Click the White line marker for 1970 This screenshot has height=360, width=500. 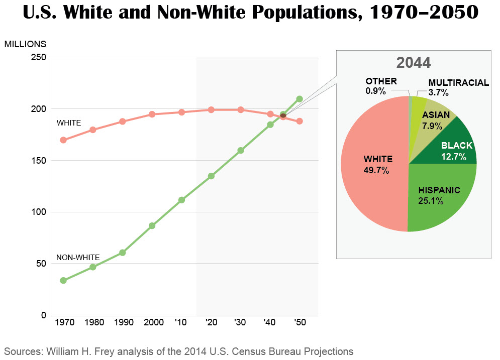(63, 140)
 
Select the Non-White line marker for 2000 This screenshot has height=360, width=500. (152, 226)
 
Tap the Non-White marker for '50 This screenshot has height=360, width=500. (299, 99)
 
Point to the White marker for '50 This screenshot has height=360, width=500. (299, 121)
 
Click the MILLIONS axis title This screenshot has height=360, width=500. (25, 44)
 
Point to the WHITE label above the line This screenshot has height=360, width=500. (69, 123)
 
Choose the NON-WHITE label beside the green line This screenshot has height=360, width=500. (78, 258)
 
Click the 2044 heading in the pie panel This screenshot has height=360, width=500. (413, 63)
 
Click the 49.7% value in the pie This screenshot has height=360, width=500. (376, 170)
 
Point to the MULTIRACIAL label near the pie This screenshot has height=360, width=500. (458, 83)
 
